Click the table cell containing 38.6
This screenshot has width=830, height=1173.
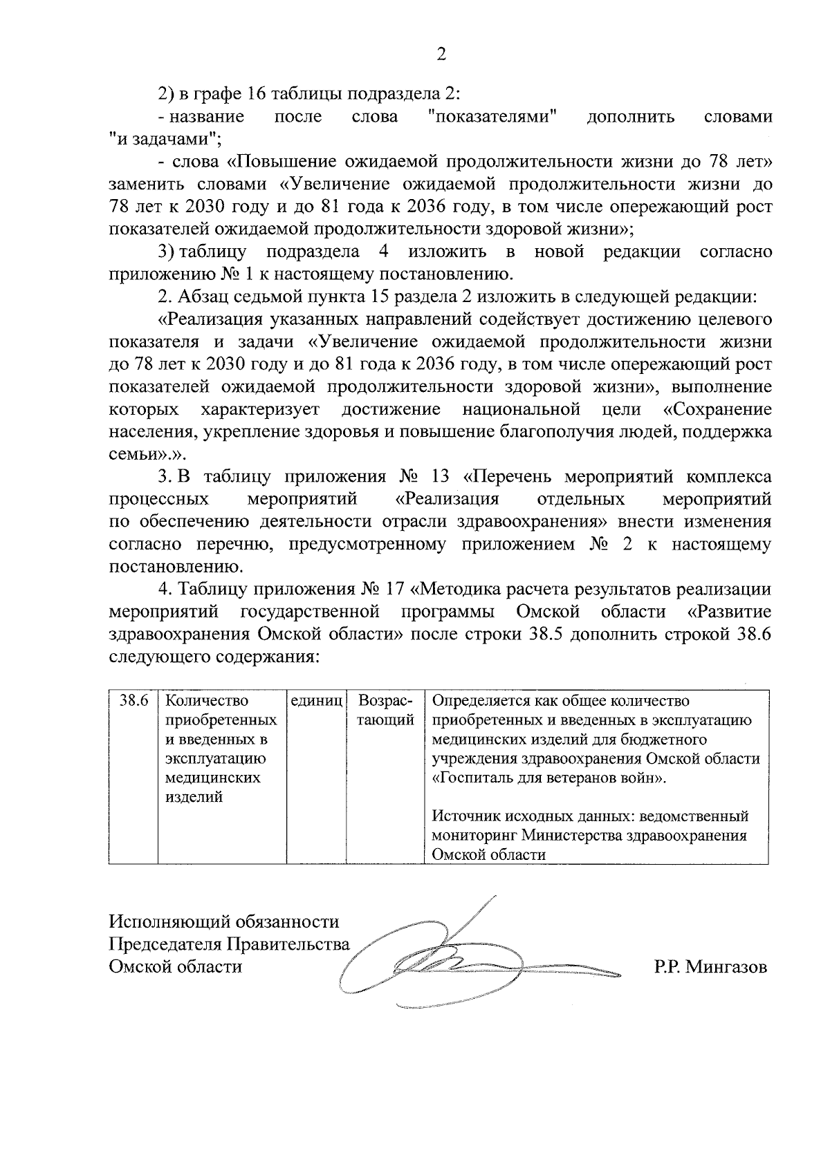point(133,700)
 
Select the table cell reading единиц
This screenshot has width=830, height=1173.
point(316,700)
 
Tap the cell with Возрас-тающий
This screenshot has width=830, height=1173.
point(385,710)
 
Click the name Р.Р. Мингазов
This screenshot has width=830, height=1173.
point(710,967)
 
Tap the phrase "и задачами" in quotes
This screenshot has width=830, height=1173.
point(164,138)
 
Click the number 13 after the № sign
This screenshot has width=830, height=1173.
point(435,477)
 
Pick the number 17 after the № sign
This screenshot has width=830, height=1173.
point(393,590)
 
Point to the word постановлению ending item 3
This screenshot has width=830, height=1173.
point(176,567)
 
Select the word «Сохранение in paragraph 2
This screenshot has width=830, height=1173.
point(717,409)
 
